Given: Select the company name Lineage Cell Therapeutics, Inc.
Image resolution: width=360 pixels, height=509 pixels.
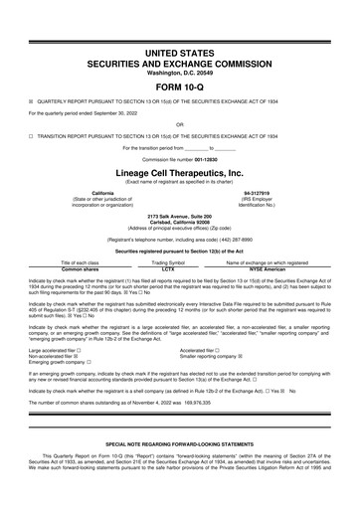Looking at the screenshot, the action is [x=180, y=170].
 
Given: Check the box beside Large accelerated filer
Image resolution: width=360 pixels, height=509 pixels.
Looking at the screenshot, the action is [x=79, y=350].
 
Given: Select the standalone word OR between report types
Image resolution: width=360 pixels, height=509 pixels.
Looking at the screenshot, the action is [x=180, y=124].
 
